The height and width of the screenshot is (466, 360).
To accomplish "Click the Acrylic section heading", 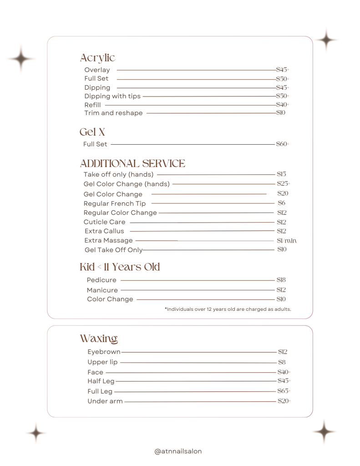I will point(97,58).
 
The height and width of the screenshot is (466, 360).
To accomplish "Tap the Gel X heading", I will point(92,132).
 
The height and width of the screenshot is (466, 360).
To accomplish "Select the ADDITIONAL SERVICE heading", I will point(132,163).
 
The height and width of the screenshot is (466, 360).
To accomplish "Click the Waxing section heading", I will point(99,339).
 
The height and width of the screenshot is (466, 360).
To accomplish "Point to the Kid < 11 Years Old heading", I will point(120,267).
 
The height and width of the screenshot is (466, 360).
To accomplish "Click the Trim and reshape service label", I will point(113,113).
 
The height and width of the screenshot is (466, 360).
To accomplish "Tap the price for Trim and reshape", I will point(281,113).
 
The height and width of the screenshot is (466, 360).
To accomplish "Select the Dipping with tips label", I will point(112,96).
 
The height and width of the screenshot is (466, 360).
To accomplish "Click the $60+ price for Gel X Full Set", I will point(283,144).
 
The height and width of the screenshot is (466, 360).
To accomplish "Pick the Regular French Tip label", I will point(115,203).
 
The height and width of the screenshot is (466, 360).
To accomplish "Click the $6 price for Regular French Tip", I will point(282,203).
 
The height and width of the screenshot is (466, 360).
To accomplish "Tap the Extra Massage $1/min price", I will point(287,240).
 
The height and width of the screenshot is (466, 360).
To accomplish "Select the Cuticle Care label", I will point(104,222).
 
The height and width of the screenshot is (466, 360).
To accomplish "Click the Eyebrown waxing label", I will point(104,352).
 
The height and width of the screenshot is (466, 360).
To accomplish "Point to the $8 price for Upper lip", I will point(282,362).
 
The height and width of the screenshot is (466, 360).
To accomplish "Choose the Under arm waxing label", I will point(105,401).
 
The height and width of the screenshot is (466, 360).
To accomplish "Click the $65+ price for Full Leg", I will point(284,391).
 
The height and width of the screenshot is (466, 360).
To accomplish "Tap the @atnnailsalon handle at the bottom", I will point(178,451).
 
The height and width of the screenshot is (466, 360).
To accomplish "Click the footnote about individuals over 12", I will point(228,309).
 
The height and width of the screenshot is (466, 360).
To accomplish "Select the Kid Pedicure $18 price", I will point(281,280).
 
